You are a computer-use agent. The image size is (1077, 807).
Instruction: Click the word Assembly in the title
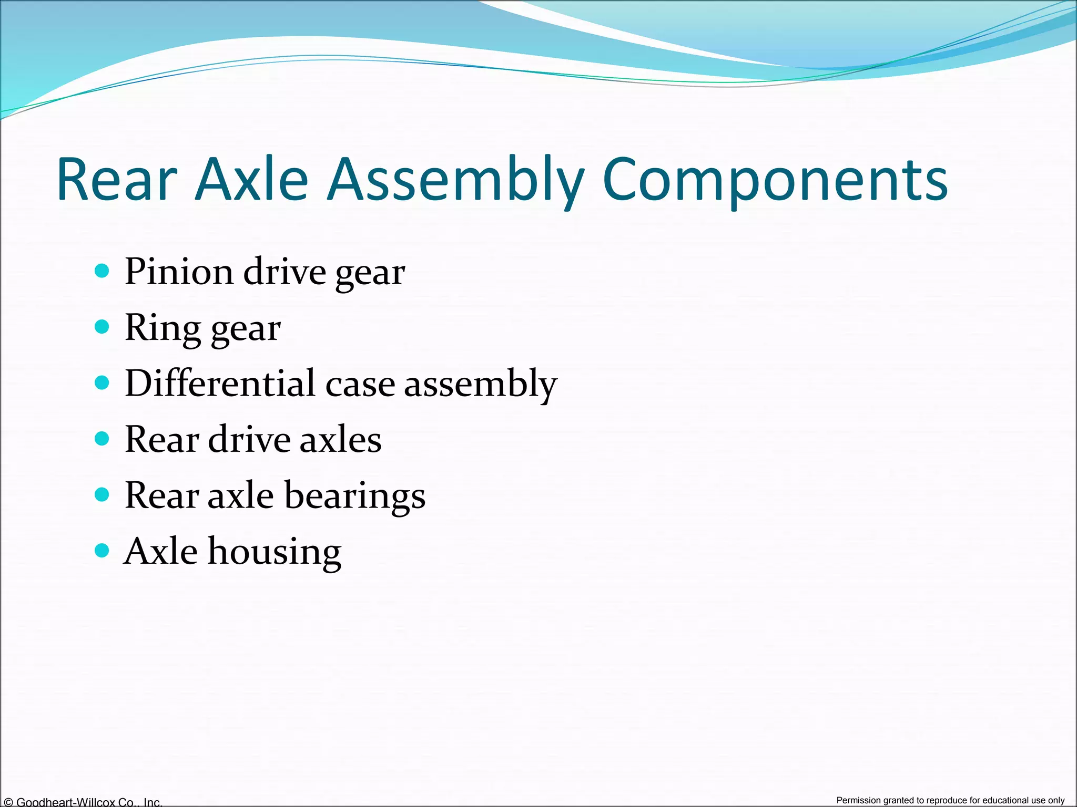point(455,180)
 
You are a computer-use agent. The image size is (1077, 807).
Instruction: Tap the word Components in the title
point(775,180)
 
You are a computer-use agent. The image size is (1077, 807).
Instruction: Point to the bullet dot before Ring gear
point(102,327)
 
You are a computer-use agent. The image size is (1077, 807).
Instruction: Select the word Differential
point(220,383)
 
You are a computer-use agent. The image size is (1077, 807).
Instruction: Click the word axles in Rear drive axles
point(340,439)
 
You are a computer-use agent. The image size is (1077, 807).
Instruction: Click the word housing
point(275,552)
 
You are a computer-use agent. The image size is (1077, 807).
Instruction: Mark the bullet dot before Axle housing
point(102,551)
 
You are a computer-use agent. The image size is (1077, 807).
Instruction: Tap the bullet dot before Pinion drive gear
point(102,271)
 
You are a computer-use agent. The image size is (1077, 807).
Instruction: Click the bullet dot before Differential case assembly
point(102,382)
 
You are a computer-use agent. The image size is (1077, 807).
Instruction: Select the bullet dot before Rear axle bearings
point(102,494)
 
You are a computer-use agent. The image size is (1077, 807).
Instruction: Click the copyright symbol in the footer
point(8,802)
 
